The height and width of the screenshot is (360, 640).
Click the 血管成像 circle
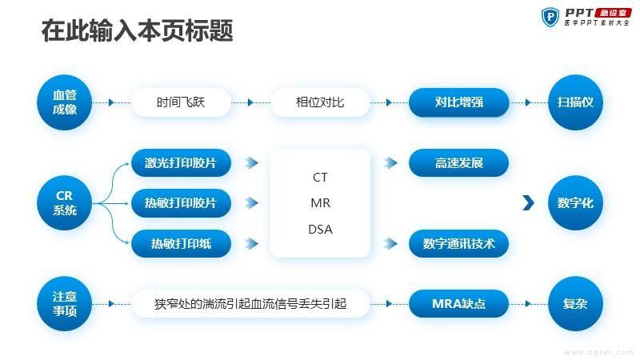tap(64, 102)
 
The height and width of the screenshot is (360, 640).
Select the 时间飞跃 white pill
tap(181, 102)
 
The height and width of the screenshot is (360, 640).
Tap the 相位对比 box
tap(320, 102)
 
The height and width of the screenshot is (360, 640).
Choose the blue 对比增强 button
tap(458, 102)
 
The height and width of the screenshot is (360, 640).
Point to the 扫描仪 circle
tap(575, 102)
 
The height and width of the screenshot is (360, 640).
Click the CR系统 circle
tap(64, 203)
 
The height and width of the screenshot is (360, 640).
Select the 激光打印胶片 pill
tap(181, 163)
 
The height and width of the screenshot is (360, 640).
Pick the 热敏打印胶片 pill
tap(181, 203)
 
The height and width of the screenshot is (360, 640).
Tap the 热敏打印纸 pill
tap(181, 244)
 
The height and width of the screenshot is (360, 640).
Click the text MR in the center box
tap(321, 203)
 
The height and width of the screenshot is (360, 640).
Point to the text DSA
tap(321, 230)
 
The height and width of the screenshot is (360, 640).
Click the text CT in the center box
tap(321, 177)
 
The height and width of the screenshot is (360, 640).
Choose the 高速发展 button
tap(458, 163)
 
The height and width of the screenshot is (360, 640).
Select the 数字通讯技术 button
tap(458, 244)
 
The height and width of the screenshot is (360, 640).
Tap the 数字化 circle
tap(575, 203)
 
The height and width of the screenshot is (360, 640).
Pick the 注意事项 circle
tap(64, 304)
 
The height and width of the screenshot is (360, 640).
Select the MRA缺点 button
tap(458, 304)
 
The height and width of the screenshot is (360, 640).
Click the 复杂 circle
tap(575, 304)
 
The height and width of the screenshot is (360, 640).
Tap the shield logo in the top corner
tap(550, 17)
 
